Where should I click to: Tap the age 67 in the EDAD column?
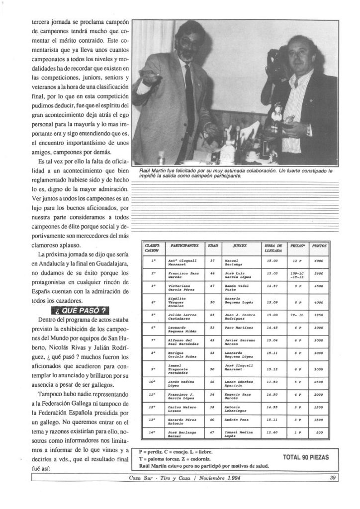coord(212,286)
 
